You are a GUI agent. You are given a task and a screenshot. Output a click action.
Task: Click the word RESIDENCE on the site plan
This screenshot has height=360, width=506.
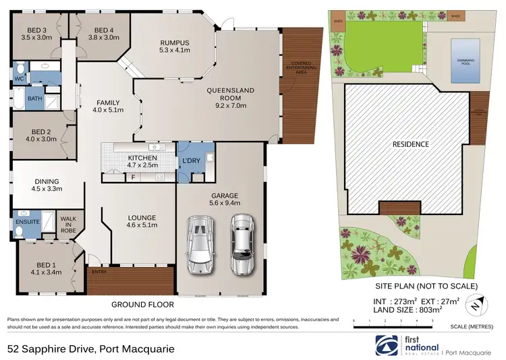pyautogui.click(x=411, y=144)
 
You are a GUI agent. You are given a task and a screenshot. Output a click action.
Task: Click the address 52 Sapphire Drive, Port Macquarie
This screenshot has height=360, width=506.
pyautogui.click(x=91, y=349)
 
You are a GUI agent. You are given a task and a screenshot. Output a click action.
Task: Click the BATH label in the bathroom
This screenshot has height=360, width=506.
pyautogui.click(x=34, y=99)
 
